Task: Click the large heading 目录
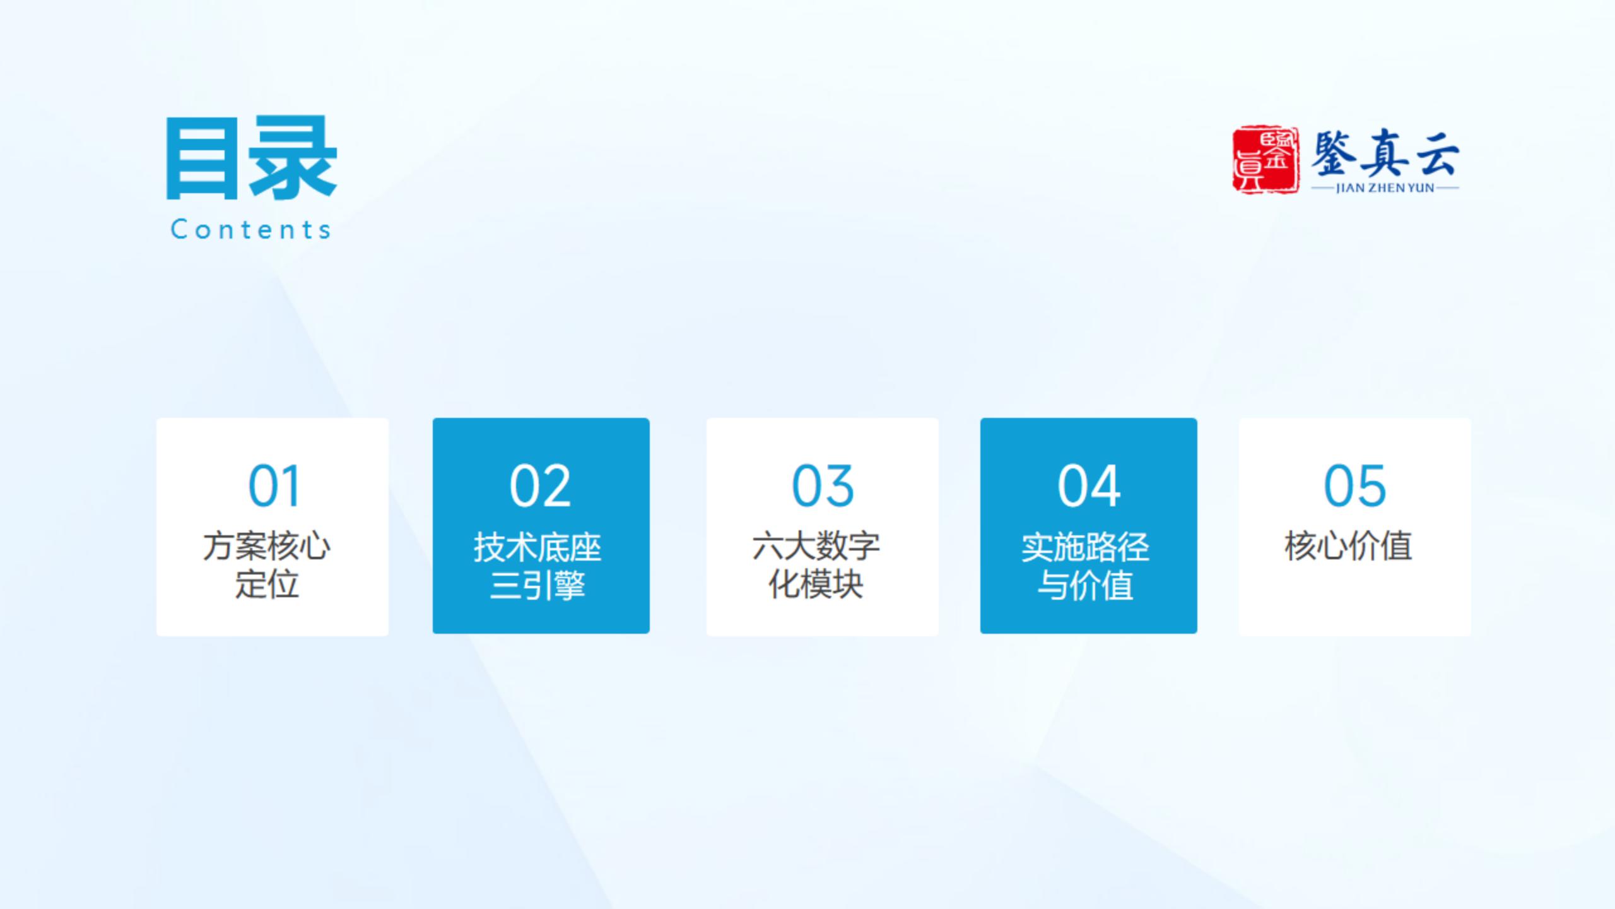coord(251,158)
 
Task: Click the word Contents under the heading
coord(251,229)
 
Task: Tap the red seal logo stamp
coord(1266,159)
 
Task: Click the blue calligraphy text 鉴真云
coord(1385,153)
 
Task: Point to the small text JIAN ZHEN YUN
coord(1385,188)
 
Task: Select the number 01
coord(274,485)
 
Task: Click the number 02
coord(541,485)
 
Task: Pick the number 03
coord(823,485)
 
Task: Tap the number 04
coord(1089,485)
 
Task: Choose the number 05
coord(1354,485)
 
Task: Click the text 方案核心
coord(267,546)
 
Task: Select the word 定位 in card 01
coord(267,585)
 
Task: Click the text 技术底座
coord(537,547)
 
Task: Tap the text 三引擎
coord(537,586)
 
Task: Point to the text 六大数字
coord(816,546)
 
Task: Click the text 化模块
coord(816,585)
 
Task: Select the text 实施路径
coord(1086,547)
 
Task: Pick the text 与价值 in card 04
coord(1086,586)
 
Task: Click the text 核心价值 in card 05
coord(1349,546)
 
